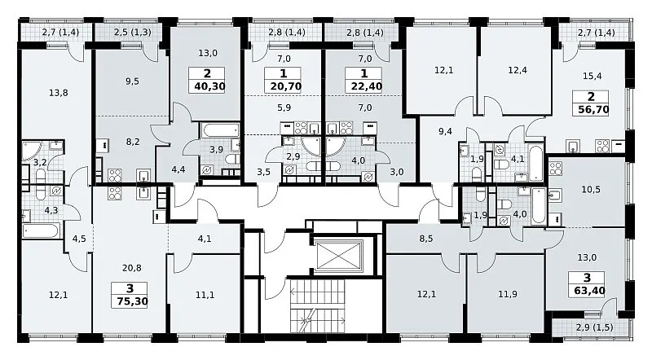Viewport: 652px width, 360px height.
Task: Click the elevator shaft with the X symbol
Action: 339,255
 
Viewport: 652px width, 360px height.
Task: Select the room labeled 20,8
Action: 131,268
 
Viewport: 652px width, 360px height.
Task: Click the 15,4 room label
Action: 593,76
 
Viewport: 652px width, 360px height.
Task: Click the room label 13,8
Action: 58,93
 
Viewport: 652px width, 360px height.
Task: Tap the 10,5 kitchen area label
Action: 590,190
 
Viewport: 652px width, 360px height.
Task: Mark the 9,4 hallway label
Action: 445,132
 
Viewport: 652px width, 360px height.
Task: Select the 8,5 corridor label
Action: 425,239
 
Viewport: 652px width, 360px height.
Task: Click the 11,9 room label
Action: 507,294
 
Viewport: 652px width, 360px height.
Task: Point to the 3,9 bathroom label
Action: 216,150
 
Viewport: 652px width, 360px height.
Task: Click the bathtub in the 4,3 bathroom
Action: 42,230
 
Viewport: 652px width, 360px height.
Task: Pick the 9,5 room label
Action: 132,81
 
